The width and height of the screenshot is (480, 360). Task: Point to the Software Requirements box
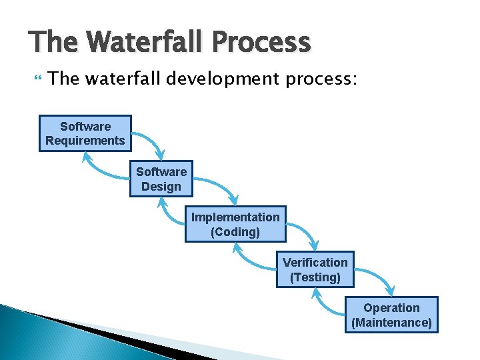tap(85, 133)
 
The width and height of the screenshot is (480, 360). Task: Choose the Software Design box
tap(161, 179)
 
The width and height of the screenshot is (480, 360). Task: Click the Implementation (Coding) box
tap(235, 224)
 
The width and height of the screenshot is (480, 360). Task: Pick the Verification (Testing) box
tap(315, 269)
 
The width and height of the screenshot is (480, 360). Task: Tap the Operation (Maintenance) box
tap(392, 315)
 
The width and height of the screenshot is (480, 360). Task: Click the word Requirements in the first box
tap(85, 141)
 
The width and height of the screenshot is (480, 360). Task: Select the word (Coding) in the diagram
tap(235, 232)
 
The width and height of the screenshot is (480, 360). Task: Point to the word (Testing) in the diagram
tap(315, 277)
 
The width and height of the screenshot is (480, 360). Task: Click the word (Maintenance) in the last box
tap(392, 323)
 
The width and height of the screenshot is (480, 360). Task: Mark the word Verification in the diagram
tap(315, 262)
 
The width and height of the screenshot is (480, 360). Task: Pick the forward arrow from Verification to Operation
tap(376, 279)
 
